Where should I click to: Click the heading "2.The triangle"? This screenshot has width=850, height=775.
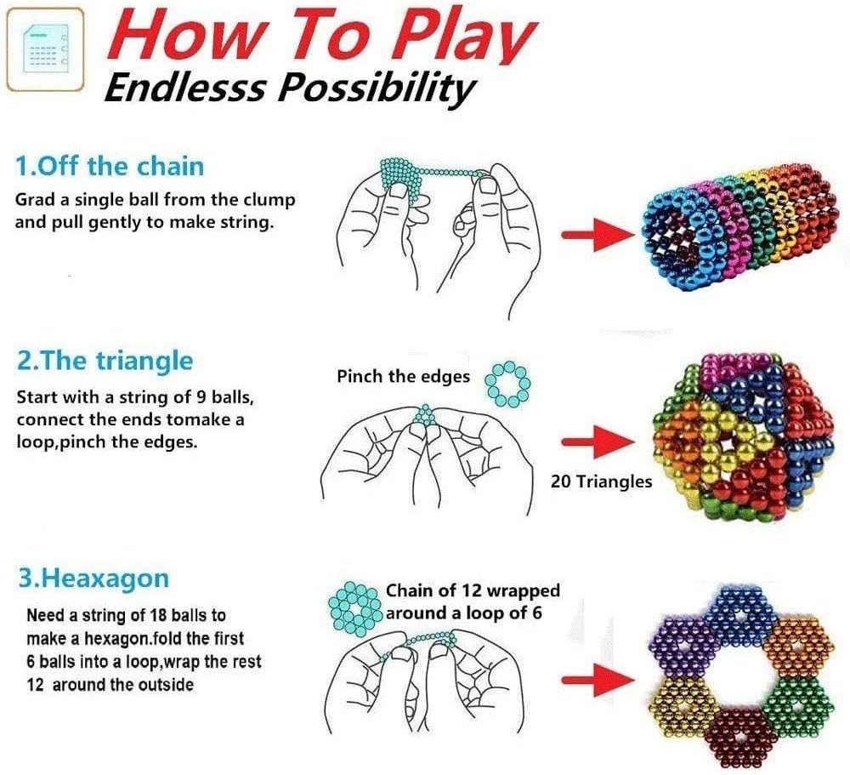(x=105, y=361)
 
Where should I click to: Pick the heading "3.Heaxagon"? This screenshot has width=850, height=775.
(x=93, y=579)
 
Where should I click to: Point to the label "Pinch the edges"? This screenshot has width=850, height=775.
(x=403, y=376)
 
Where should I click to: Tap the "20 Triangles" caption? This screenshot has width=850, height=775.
(x=601, y=482)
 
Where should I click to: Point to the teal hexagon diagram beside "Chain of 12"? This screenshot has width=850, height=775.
(x=354, y=607)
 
